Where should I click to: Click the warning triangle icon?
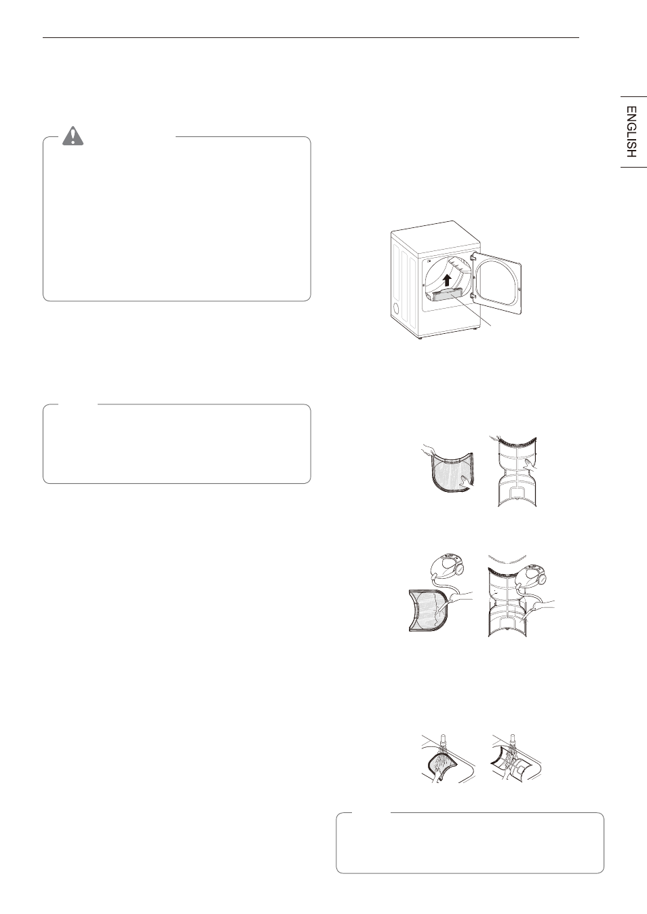tap(73, 136)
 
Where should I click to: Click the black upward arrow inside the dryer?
tap(448, 280)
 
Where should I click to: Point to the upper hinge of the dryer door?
tap(473, 257)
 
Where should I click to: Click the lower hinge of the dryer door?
tap(473, 294)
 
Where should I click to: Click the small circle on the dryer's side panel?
tap(395, 307)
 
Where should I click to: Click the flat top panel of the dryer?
tap(435, 236)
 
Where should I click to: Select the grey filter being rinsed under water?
tap(441, 766)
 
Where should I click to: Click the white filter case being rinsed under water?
tap(513, 765)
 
